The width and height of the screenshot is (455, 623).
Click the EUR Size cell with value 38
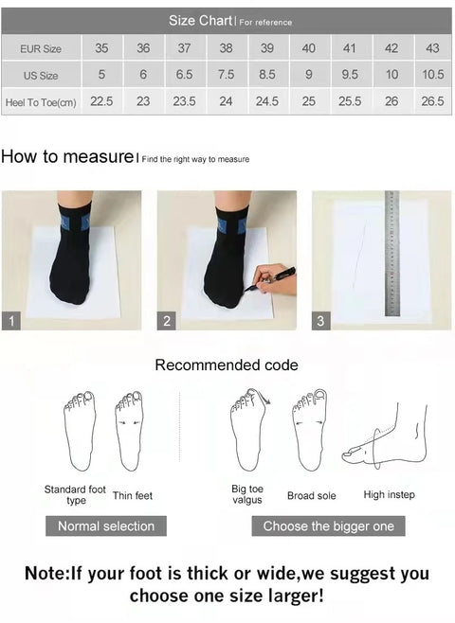pos(226,48)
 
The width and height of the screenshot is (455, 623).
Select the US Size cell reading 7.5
pos(226,74)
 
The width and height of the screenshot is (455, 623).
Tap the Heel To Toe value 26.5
pos(433,101)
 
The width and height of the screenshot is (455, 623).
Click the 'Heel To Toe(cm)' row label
pos(41,102)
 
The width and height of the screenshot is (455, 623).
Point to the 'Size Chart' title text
pos(200,20)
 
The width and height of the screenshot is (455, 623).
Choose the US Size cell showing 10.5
pos(433,74)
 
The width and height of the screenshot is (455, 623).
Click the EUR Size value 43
pos(433,48)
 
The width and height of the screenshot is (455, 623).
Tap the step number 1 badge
pos(11,321)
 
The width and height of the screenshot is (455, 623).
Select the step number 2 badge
pos(166,321)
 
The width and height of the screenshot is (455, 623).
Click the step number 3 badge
pos(320,321)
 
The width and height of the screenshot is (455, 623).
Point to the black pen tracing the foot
pos(269,279)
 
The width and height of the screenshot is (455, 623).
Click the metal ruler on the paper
pos(391,254)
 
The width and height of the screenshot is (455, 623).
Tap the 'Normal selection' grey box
pos(106,526)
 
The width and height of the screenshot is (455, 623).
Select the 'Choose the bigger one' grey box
pos(329,526)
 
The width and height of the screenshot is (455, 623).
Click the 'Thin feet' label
pos(133,495)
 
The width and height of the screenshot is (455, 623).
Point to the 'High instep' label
pos(389,494)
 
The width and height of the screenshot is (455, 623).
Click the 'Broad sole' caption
pos(312,495)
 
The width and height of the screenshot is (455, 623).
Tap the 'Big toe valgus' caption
pos(247,494)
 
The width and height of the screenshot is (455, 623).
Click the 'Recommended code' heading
pos(227,365)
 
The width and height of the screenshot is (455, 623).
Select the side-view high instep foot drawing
pos(385,437)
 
